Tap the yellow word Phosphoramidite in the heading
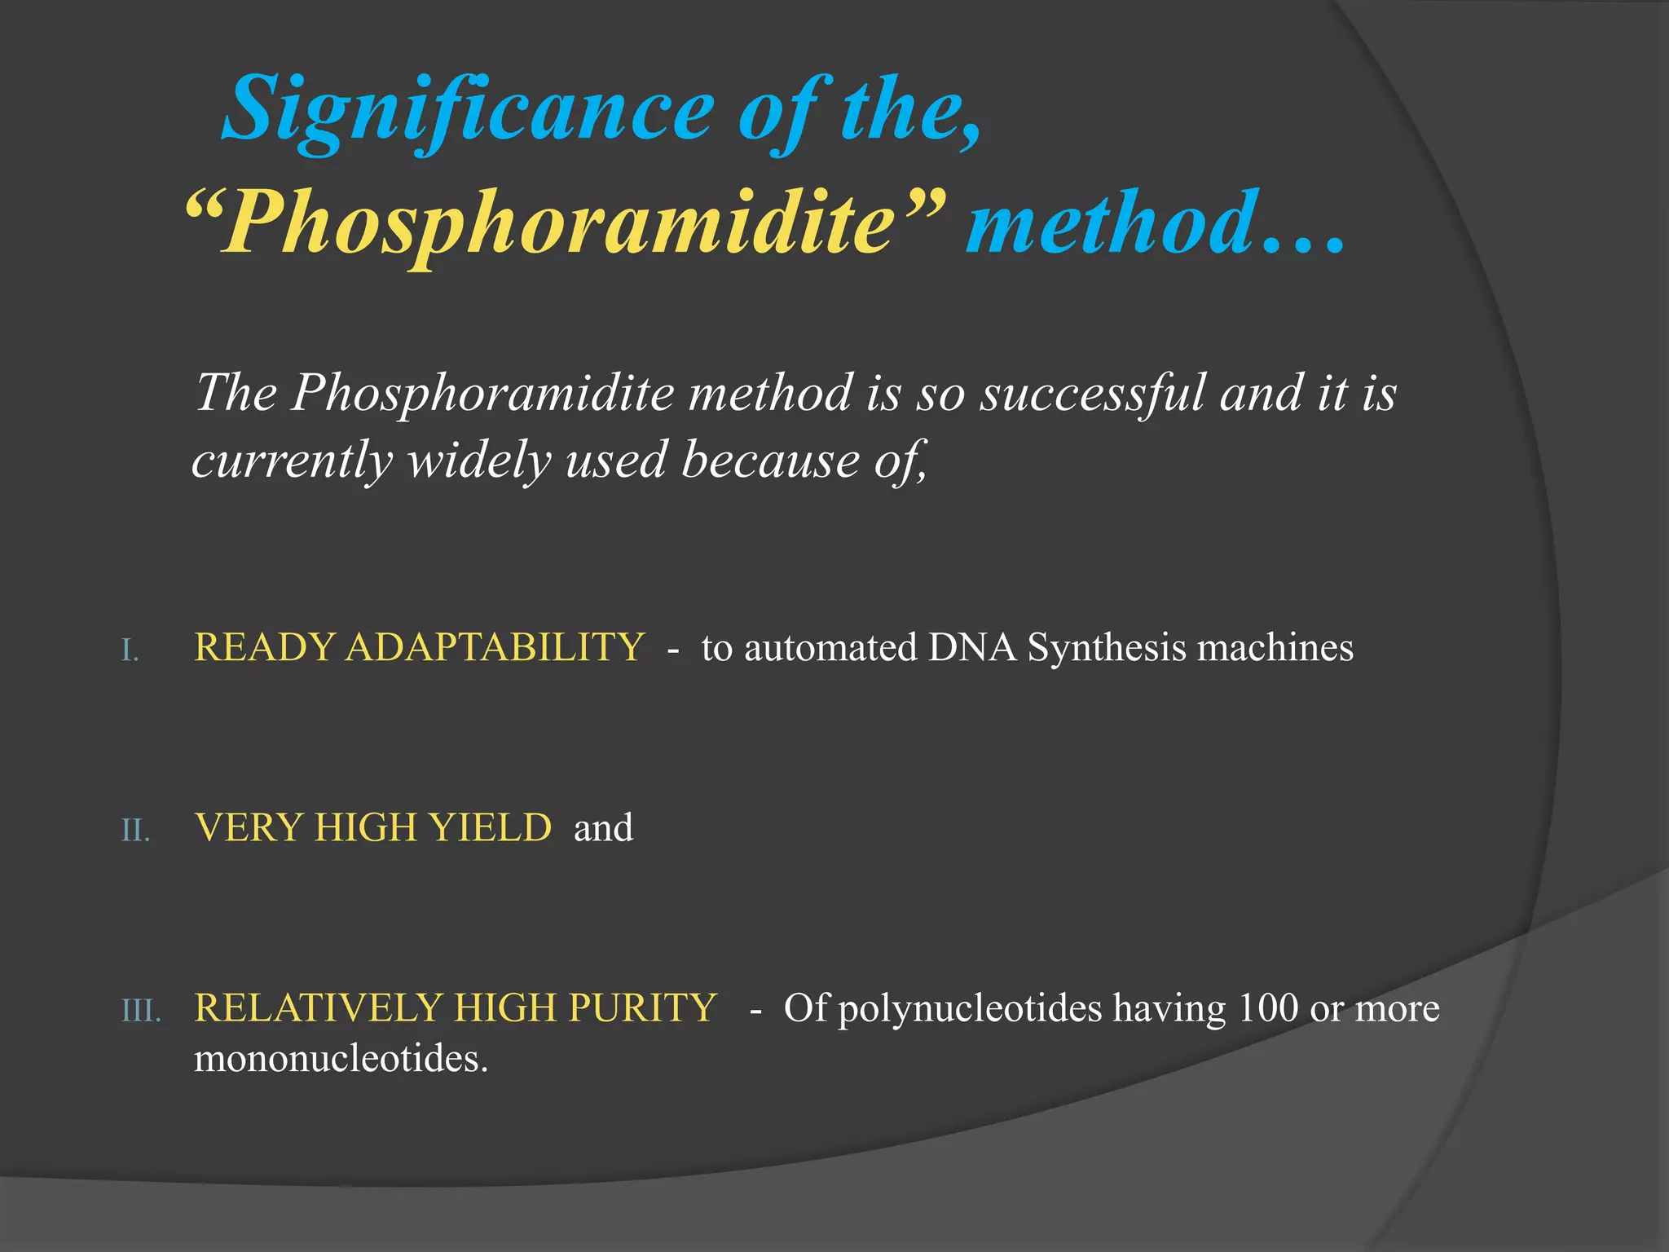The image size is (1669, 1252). [562, 222]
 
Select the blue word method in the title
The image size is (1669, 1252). [1108, 222]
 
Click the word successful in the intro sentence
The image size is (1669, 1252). [1092, 393]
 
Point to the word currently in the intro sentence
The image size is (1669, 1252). [292, 461]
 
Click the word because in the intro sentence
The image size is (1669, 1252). [769, 461]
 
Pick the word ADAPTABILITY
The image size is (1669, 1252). [495, 648]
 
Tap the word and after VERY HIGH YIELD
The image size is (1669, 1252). [603, 828]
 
